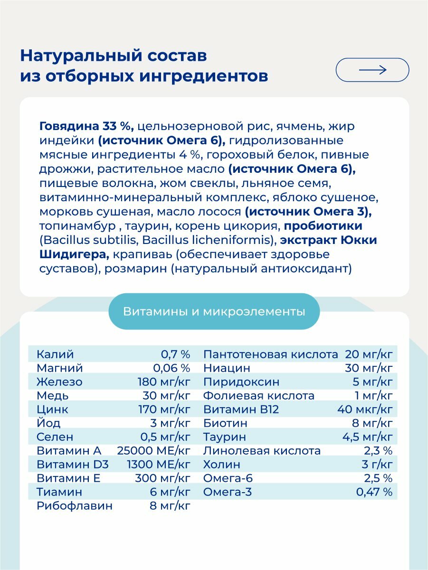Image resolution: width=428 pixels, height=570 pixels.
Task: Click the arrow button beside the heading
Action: [372, 70]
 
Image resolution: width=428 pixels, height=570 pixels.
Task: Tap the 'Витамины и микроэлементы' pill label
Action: [214, 312]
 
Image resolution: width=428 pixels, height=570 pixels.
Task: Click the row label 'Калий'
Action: [55, 354]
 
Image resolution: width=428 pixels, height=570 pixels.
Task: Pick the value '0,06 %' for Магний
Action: [171, 368]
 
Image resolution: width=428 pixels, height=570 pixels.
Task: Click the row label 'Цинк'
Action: [52, 409]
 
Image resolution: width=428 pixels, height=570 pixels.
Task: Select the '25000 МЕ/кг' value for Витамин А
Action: [154, 450]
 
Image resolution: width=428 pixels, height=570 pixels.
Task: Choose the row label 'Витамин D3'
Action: [69, 464]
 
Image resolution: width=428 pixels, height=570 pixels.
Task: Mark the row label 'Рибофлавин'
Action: [75, 506]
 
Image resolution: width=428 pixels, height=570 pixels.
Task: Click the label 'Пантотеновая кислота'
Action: [270, 354]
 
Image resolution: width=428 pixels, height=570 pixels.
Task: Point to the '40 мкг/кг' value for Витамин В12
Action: [365, 409]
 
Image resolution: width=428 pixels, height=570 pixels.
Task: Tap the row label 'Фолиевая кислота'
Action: [259, 395]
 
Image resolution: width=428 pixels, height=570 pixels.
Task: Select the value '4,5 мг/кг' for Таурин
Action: [368, 437]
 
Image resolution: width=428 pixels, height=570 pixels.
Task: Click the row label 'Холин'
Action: [221, 464]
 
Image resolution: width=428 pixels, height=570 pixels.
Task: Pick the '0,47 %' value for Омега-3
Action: [374, 492]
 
